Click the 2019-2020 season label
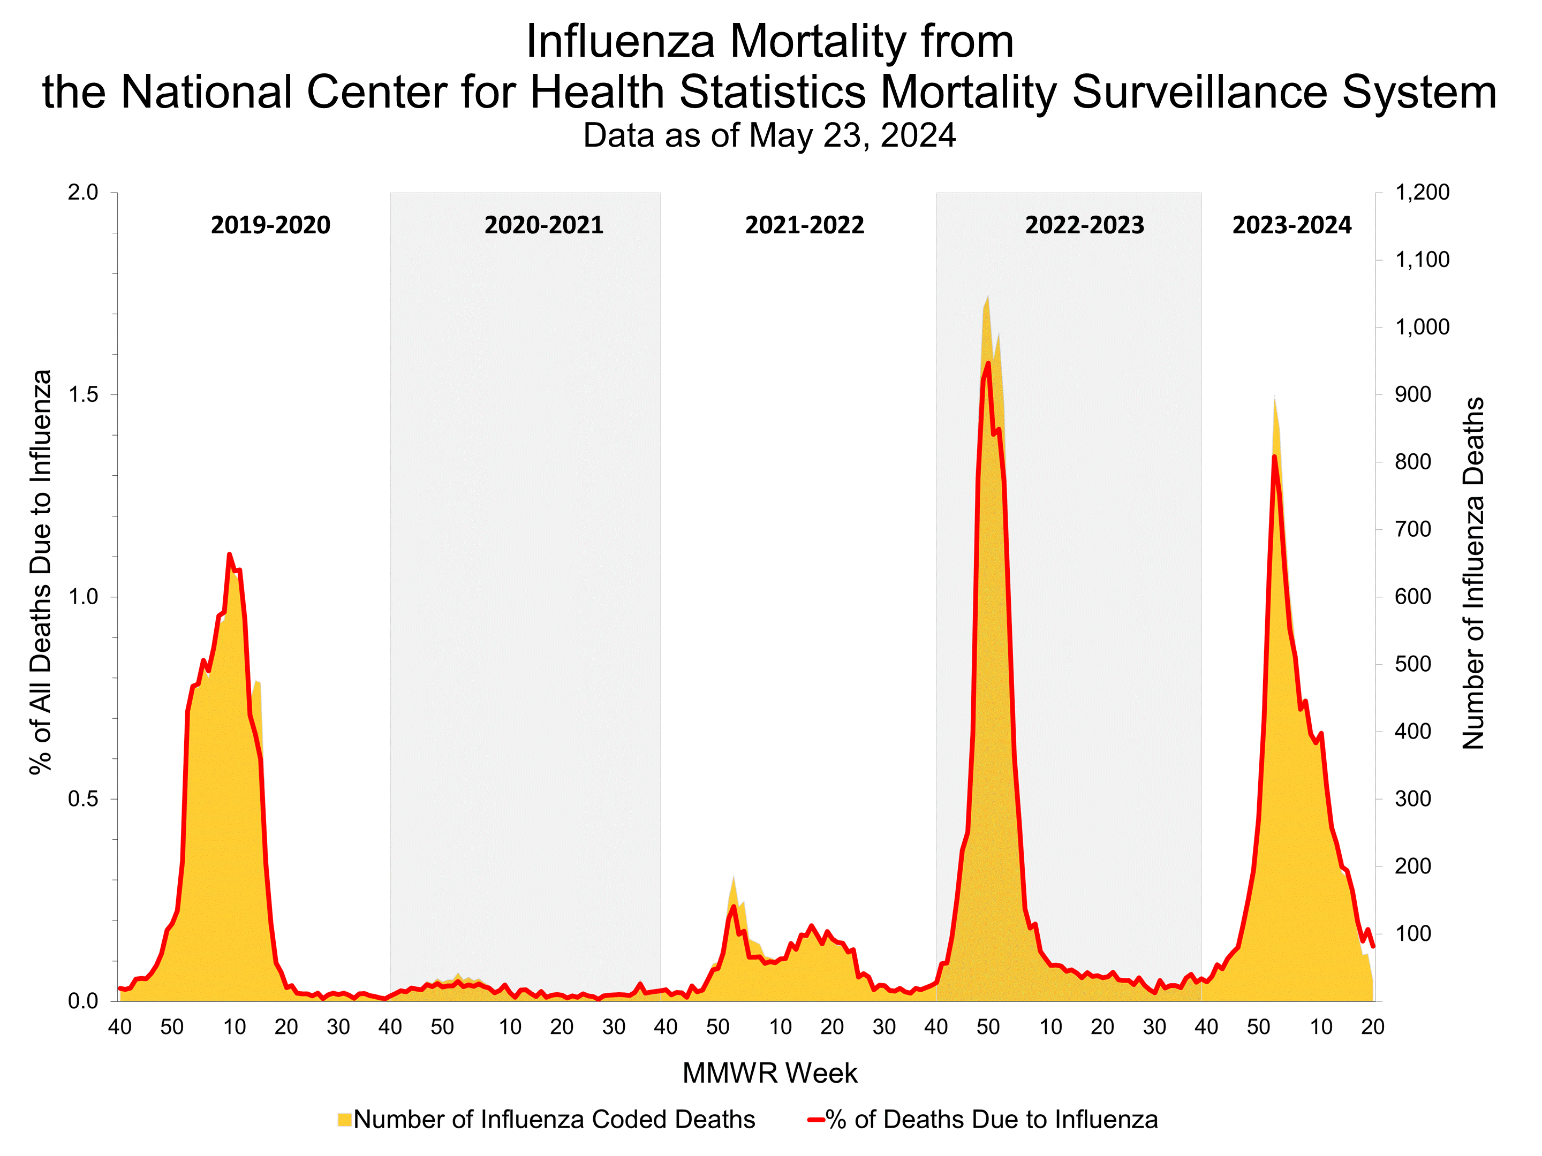(x=270, y=225)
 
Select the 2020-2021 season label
(x=544, y=225)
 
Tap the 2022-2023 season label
(x=1085, y=225)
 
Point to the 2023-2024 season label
(x=1292, y=225)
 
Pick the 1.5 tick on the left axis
(x=83, y=394)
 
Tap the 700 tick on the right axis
(x=1413, y=530)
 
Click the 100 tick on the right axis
(x=1413, y=934)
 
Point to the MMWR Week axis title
(x=769, y=1073)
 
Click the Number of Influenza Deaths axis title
(x=1473, y=574)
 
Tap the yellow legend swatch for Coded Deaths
(x=344, y=1120)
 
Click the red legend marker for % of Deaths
(x=815, y=1120)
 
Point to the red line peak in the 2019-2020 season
(x=229, y=554)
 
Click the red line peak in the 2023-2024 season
(x=1274, y=457)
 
